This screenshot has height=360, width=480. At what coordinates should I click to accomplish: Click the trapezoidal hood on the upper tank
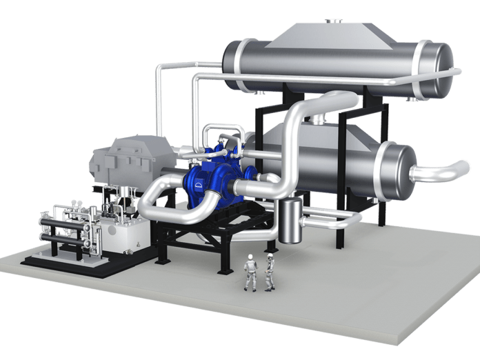click(x=324, y=38)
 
